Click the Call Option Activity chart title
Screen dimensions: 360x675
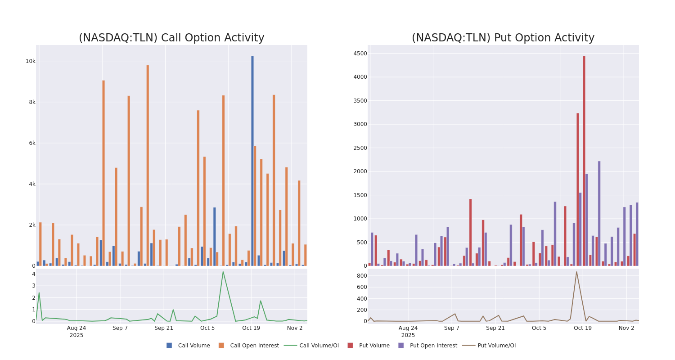click(x=171, y=38)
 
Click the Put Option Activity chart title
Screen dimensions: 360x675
click(x=503, y=38)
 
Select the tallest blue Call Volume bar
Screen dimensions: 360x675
click(x=252, y=161)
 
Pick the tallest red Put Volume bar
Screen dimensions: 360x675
click(x=584, y=161)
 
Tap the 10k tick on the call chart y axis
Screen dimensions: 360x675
click(x=30, y=61)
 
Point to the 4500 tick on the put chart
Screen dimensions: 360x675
click(x=360, y=54)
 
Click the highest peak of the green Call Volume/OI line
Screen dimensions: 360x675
click(x=223, y=271)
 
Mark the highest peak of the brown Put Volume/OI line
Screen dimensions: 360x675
click(x=576, y=271)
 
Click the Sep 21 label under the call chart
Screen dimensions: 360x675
click(x=164, y=328)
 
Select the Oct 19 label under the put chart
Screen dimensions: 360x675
click(x=583, y=328)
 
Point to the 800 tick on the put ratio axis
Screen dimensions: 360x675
click(x=361, y=275)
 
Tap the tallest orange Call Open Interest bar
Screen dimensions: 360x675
click(x=148, y=165)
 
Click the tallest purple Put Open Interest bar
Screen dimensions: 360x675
click(x=599, y=213)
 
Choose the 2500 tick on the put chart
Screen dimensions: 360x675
click(x=360, y=148)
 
